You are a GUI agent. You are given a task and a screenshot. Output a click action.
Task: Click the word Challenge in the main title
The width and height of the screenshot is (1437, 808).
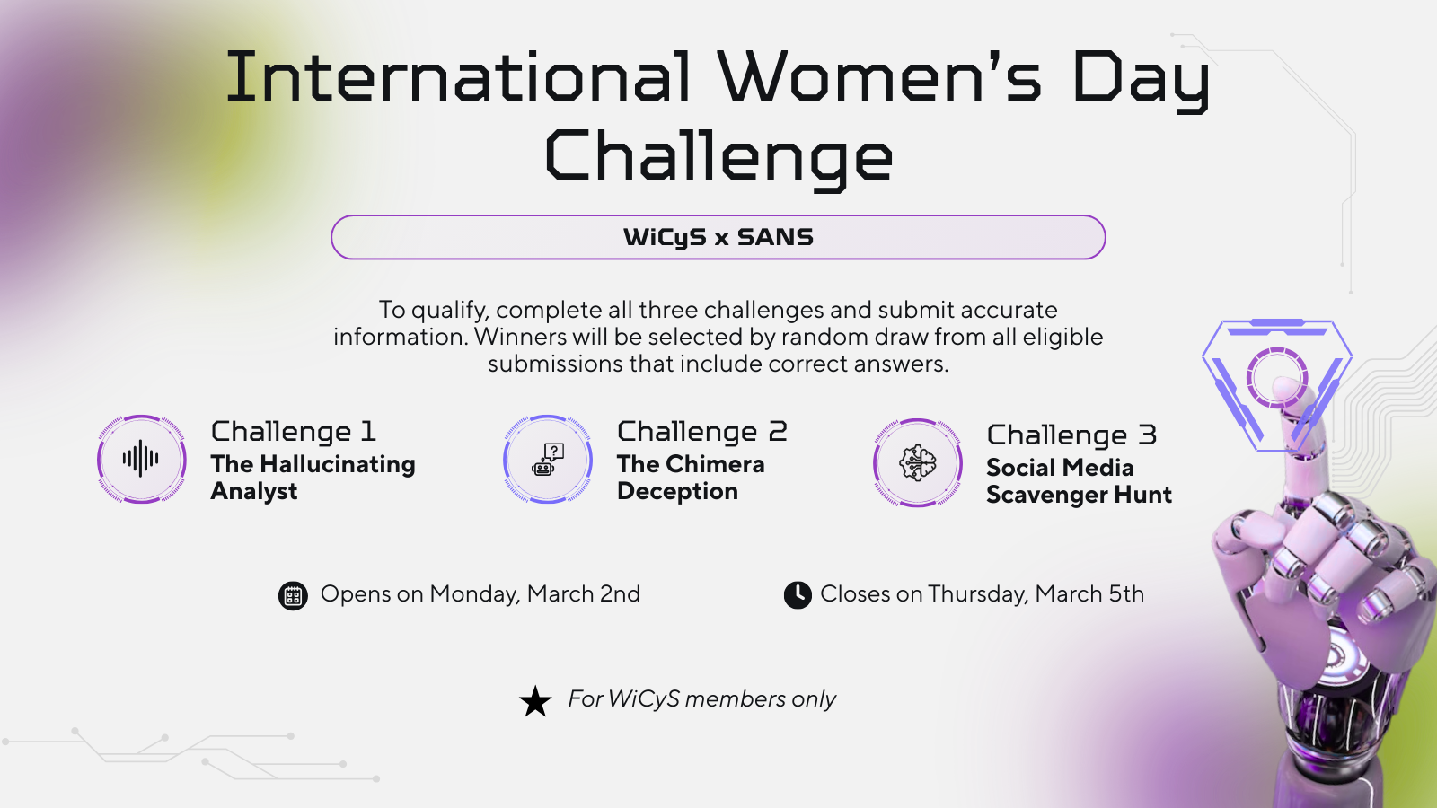pyautogui.click(x=718, y=158)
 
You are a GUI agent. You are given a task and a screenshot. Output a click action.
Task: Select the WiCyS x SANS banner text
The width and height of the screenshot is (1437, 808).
pyautogui.click(x=718, y=237)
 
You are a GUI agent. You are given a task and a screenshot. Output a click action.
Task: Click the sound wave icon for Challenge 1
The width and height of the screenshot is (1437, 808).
pyautogui.click(x=141, y=459)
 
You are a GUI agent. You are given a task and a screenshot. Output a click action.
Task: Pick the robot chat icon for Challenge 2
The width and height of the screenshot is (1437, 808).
pyautogui.click(x=547, y=459)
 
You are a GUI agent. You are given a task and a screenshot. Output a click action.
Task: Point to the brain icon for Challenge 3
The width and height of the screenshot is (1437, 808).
pyautogui.click(x=917, y=462)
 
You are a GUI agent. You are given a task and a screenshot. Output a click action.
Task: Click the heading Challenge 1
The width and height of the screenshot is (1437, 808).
pyautogui.click(x=293, y=432)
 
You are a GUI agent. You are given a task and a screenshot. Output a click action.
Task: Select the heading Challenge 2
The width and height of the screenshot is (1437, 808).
pyautogui.click(x=701, y=432)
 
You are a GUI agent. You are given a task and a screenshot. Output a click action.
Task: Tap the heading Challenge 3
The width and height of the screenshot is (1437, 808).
pyautogui.click(x=1071, y=435)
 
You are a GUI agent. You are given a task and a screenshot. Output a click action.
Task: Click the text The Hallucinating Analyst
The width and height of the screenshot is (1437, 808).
pyautogui.click(x=313, y=477)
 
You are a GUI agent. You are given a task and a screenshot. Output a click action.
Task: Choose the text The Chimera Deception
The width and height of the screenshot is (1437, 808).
pyautogui.click(x=691, y=477)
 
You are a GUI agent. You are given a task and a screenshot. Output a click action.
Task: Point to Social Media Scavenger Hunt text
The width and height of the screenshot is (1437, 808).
pyautogui.click(x=1079, y=481)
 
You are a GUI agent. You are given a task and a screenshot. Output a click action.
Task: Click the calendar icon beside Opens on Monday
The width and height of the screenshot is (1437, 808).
pyautogui.click(x=293, y=596)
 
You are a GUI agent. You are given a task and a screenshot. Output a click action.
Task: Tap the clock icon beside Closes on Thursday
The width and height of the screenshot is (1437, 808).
pyautogui.click(x=798, y=595)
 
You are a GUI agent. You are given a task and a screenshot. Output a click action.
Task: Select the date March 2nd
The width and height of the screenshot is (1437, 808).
pyautogui.click(x=583, y=593)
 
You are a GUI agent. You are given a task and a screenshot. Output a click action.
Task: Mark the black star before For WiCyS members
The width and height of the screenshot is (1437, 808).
pyautogui.click(x=535, y=701)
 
